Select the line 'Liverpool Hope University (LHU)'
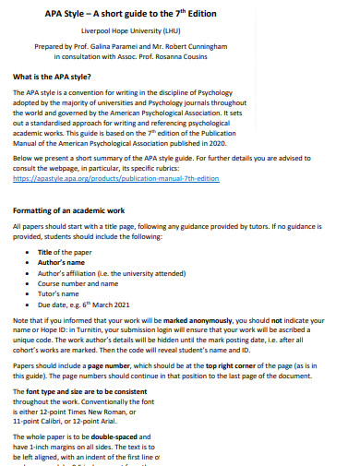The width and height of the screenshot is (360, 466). click(x=179, y=30)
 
